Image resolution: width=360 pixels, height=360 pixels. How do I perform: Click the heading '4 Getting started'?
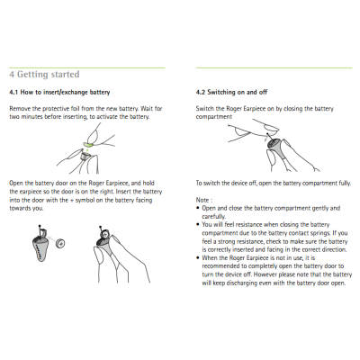tap(44, 74)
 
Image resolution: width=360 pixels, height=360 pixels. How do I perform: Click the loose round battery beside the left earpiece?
tap(59, 242)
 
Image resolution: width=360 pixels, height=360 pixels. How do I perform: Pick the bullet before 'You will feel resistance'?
tap(198, 224)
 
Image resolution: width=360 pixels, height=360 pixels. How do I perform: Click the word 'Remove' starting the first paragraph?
tap(22, 108)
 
